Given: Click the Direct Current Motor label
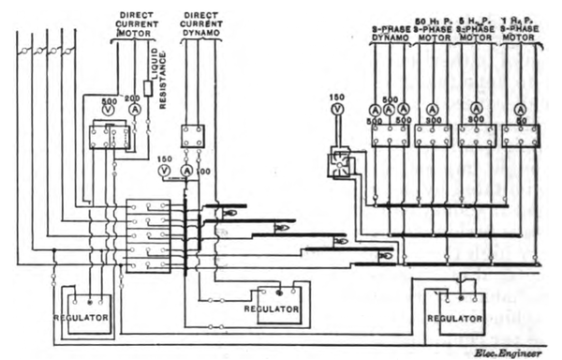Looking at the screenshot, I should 139,25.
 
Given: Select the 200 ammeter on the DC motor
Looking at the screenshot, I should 134,110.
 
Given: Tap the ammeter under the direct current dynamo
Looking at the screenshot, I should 186,172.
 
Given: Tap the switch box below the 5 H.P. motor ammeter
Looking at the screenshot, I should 477,136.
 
